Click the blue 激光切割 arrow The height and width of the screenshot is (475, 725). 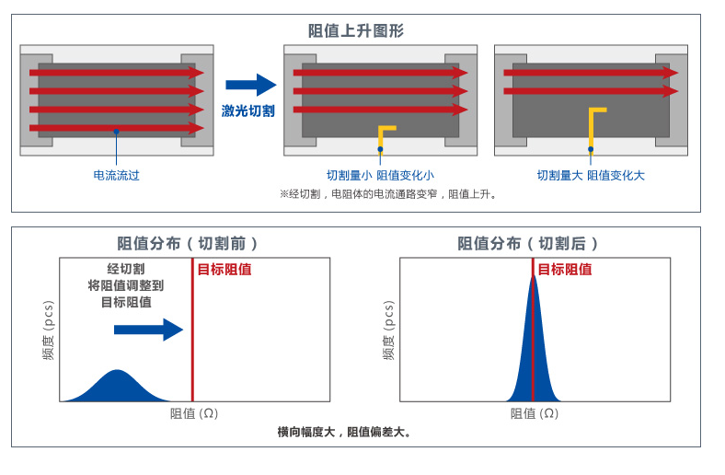pos(250,86)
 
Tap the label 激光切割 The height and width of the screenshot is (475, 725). pos(247,110)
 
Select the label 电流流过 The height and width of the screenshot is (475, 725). pos(116,175)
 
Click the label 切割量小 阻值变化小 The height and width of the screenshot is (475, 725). pos(380,175)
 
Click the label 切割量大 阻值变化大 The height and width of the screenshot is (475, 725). pos(591,175)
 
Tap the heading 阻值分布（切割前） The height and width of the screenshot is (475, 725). pos(188,244)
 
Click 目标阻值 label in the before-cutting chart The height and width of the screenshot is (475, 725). pos(224,270)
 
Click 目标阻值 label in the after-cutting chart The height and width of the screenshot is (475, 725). pos(564,270)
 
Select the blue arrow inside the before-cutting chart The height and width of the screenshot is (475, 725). pos(160,329)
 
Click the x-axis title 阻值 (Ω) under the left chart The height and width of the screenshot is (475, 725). pos(194,413)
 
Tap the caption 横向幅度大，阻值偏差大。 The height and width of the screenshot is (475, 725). pos(344,432)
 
